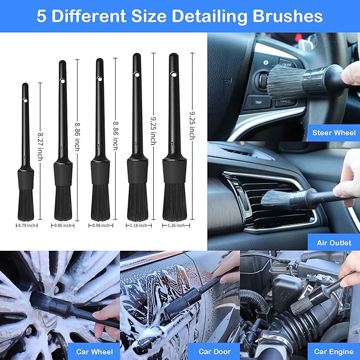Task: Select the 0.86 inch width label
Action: (x=62, y=225)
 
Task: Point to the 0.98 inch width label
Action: (x=100, y=225)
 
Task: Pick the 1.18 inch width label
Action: (x=137, y=225)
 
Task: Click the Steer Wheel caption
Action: (x=334, y=133)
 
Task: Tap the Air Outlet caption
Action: (x=333, y=242)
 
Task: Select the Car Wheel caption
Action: (x=93, y=351)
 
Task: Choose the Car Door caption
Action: (x=213, y=351)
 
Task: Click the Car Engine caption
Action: (x=333, y=351)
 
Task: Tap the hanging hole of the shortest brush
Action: (x=24, y=101)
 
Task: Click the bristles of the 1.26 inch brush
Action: (x=174, y=201)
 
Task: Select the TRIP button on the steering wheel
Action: (x=258, y=102)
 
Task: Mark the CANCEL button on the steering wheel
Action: (x=285, y=101)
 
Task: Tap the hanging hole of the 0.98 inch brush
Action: (x=99, y=79)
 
